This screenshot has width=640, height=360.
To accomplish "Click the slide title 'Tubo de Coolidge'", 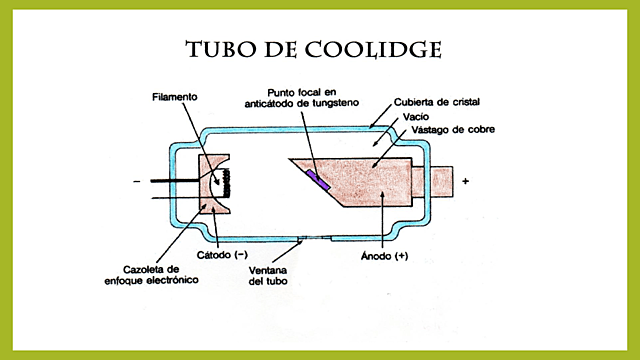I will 314,49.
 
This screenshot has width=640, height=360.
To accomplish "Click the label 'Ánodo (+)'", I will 381,256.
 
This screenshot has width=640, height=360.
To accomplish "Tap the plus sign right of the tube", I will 494,183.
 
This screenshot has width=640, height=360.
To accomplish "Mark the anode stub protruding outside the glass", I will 443,182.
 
